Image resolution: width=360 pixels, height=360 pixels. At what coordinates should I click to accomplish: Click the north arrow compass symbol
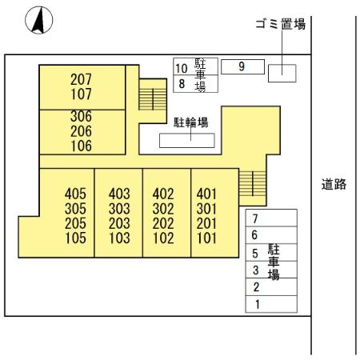pos(39,20)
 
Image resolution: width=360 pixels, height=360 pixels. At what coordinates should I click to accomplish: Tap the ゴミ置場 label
pos(281,24)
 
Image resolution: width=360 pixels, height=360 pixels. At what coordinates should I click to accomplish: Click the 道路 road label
pos(334,184)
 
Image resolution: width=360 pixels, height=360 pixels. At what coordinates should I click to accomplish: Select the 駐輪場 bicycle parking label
pos(190,122)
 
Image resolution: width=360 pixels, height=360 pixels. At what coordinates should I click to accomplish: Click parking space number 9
pos(242,66)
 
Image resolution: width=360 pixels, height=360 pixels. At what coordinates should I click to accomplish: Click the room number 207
pos(81,79)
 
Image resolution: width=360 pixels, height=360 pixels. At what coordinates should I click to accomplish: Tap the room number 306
pos(81,116)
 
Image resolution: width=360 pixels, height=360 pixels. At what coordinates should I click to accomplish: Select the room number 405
pos(75,194)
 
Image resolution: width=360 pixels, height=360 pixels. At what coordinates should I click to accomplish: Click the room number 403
pos(119,194)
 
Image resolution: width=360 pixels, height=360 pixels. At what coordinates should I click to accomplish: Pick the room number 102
pos(163,238)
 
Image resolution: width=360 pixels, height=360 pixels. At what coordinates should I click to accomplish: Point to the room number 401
pos(206,194)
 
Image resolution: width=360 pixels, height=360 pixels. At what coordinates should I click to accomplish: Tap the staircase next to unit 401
pos(253,183)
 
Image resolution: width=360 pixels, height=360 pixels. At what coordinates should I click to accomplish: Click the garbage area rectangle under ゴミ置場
pos(282,73)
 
